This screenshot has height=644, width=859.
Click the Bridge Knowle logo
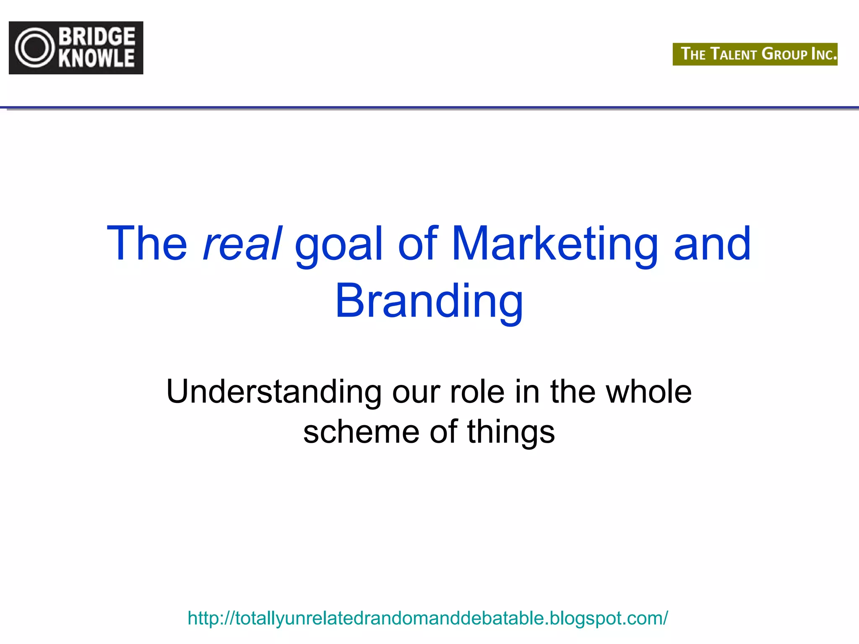pos(76,48)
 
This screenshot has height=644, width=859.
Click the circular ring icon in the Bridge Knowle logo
pos(35,48)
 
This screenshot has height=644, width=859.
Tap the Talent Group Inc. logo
pos(755,54)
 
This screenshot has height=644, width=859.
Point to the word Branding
pos(429,301)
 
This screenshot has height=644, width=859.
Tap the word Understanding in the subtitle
pos(274,392)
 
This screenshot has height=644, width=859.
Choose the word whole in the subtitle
pos(649,392)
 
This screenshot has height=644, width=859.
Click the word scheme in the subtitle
pos(361,432)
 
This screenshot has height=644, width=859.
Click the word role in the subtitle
pos(477,392)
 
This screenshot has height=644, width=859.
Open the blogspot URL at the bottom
pos(427,618)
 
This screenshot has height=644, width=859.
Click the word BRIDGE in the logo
pos(97,37)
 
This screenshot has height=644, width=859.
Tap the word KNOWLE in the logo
pos(97,58)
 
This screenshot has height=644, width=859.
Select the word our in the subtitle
pos(416,392)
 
